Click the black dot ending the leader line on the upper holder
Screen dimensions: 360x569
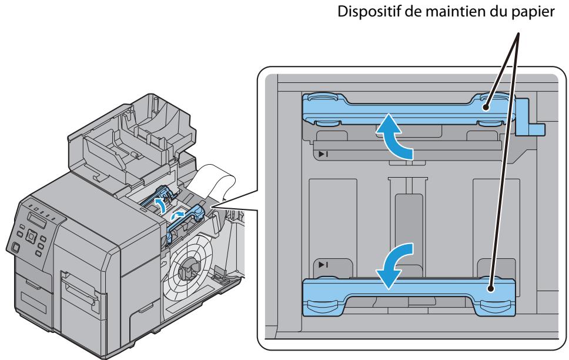487,108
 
